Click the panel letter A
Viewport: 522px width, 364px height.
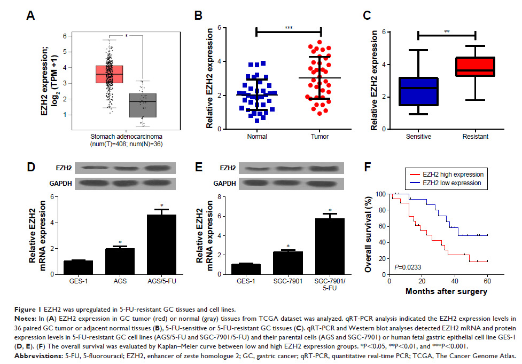31,16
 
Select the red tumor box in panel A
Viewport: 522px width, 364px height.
109,74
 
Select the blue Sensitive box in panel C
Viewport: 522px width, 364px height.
418,91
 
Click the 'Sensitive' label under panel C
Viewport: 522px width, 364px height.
418,136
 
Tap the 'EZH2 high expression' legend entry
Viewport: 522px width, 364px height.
447,175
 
